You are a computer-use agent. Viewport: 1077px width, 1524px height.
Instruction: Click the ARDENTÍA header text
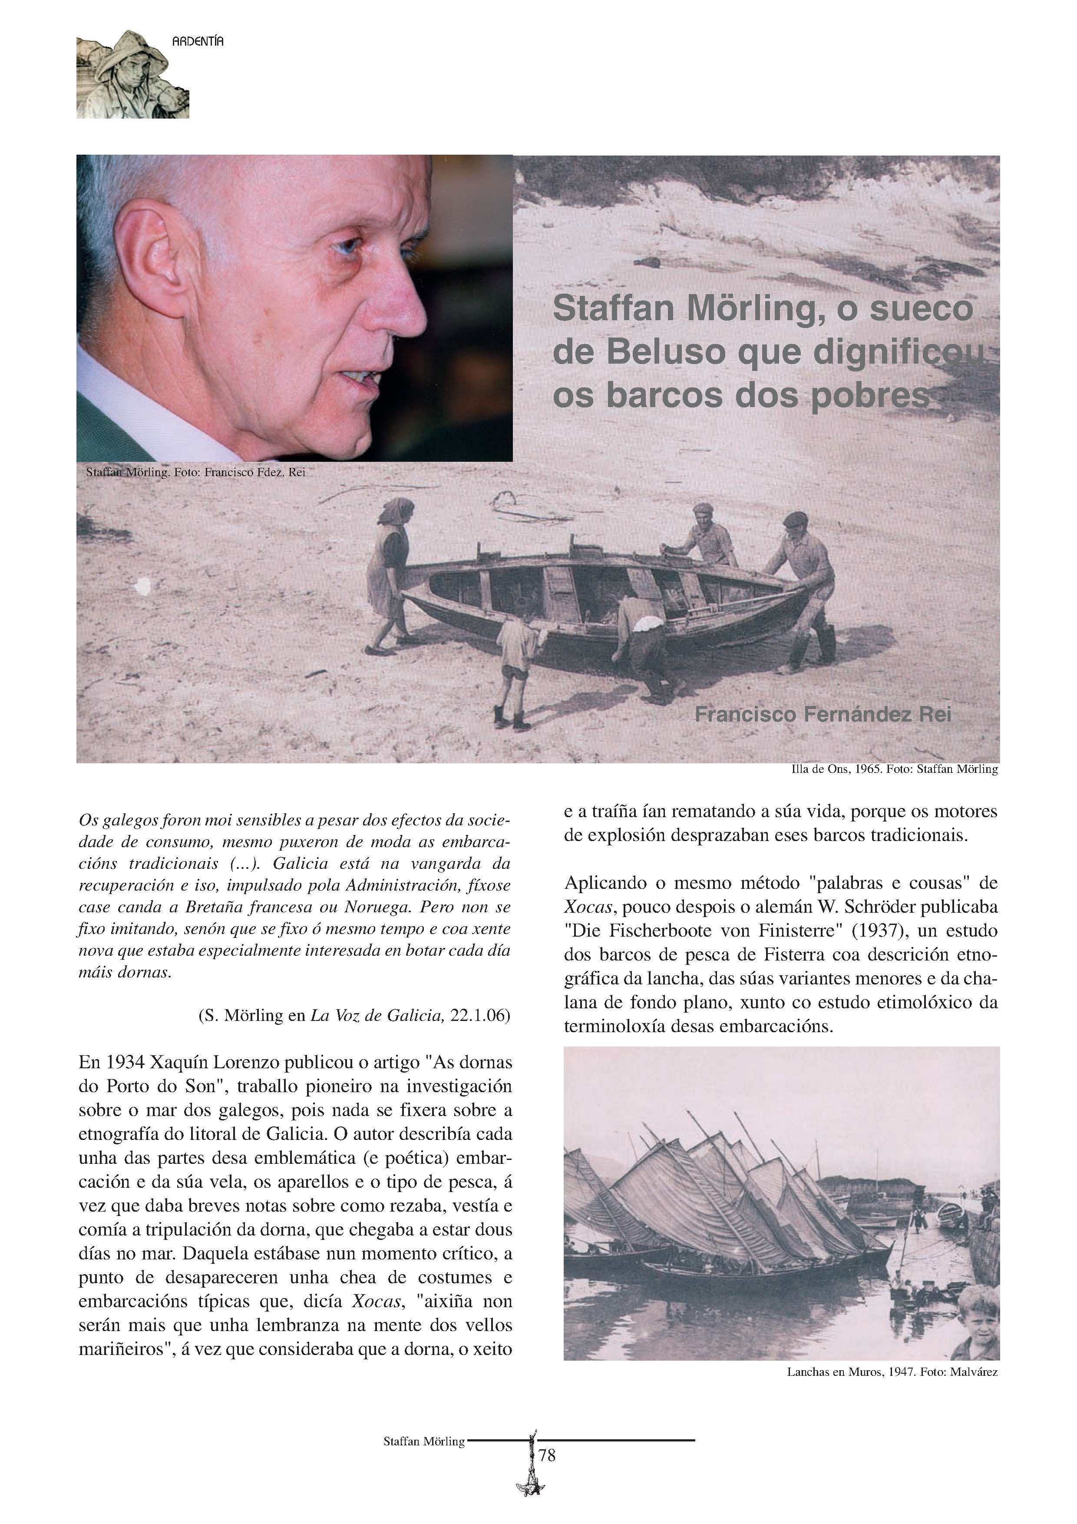(x=198, y=41)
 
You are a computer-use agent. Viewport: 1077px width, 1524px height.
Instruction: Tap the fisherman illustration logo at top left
(x=132, y=74)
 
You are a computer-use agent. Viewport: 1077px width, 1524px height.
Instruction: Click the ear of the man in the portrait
(x=153, y=259)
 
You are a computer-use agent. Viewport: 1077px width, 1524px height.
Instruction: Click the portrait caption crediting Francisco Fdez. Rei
(x=196, y=473)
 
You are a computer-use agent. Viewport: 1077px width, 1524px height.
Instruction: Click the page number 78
(x=548, y=1456)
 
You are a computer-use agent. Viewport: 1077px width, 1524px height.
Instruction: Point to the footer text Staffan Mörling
(x=424, y=1442)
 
